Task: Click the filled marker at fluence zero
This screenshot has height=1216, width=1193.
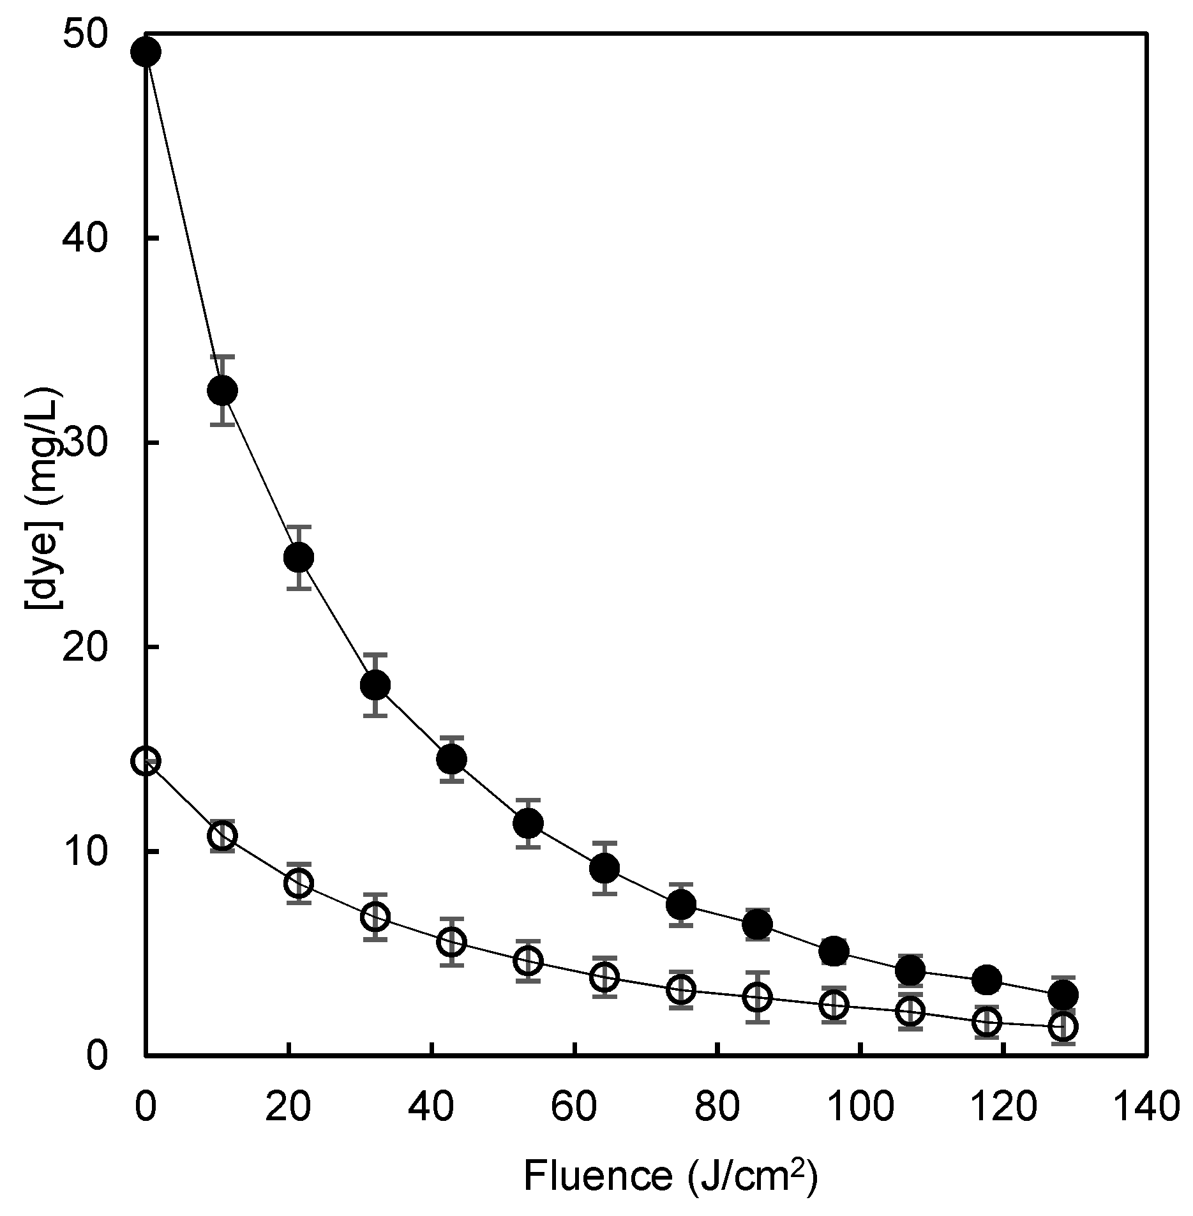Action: (146, 52)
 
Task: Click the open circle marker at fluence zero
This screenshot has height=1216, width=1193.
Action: (146, 761)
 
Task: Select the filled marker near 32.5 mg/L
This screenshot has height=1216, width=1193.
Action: (223, 390)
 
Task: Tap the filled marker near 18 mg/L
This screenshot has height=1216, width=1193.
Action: (375, 685)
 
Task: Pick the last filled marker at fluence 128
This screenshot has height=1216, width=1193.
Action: (1063, 995)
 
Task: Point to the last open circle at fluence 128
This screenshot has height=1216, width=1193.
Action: (1063, 1026)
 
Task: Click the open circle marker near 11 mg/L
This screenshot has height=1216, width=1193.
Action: (223, 836)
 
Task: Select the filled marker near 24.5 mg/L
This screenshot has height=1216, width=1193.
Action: (299, 557)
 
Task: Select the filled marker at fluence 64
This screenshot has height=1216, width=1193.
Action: (604, 868)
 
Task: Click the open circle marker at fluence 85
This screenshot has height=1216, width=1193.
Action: (758, 997)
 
